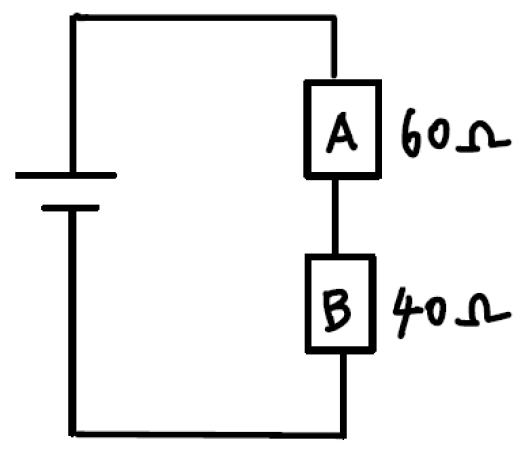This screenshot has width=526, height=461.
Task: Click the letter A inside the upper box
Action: (341, 133)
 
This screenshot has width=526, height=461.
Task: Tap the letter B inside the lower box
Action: (337, 311)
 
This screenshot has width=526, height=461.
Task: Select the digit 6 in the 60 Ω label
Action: (410, 132)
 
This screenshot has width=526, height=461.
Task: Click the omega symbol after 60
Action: (483, 136)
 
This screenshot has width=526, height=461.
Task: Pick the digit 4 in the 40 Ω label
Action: (407, 313)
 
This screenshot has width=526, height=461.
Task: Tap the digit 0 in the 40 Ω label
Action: (437, 311)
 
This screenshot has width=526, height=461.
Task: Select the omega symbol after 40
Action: (483, 310)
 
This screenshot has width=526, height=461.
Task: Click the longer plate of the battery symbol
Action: (66, 175)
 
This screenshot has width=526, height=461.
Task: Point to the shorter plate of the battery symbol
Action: (70, 208)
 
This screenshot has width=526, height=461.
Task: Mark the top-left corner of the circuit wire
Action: (73, 17)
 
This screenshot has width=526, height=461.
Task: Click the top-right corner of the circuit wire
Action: (333, 18)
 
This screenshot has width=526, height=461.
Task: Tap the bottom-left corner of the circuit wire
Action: (72, 434)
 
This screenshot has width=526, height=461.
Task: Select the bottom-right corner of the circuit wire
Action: (343, 435)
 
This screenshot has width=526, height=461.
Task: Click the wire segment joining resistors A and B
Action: (335, 217)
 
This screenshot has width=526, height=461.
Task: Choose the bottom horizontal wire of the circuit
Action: (207, 434)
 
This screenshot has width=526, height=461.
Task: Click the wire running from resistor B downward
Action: (343, 394)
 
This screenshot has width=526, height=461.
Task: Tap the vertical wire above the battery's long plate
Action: (73, 95)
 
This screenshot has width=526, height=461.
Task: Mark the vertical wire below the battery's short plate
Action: (72, 323)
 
